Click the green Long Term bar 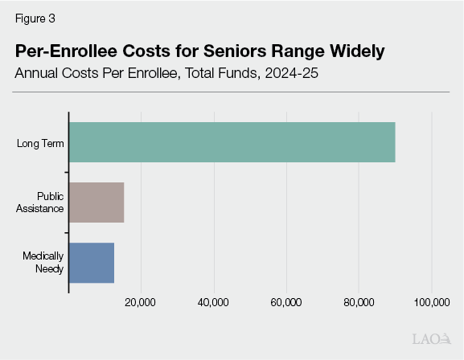click(x=232, y=142)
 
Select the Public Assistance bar click(x=96, y=202)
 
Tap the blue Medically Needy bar click(x=92, y=262)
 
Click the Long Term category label click(x=41, y=144)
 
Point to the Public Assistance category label click(x=42, y=202)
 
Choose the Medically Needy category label click(x=43, y=262)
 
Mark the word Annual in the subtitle click(x=39, y=74)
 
